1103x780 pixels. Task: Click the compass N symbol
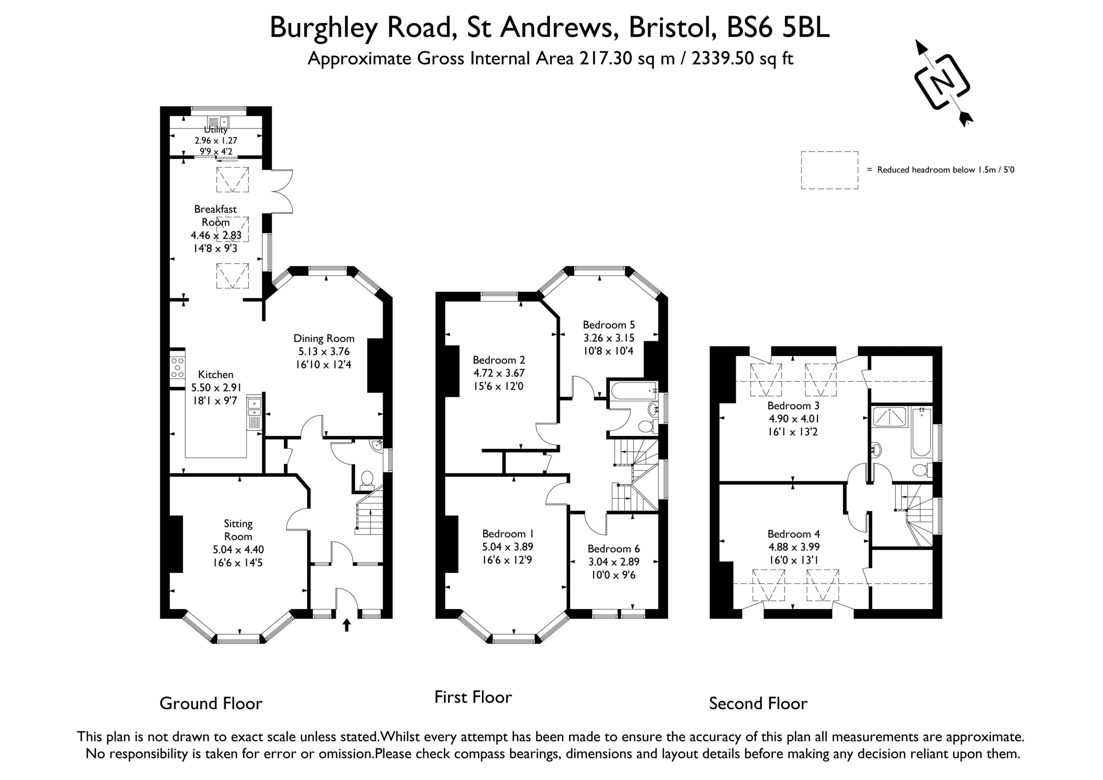[942, 82]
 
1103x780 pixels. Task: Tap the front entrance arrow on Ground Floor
[346, 625]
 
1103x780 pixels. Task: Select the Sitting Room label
[238, 530]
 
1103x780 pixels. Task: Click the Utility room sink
[218, 121]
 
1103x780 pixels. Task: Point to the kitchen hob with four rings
[177, 367]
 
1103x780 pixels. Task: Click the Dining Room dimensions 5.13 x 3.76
[324, 351]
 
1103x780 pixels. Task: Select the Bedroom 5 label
[609, 325]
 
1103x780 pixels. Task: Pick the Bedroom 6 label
[614, 548]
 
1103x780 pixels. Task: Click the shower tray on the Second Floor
[890, 417]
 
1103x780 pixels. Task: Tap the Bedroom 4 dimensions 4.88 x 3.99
[794, 547]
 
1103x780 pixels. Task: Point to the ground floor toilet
[367, 480]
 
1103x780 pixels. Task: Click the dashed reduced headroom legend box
[830, 170]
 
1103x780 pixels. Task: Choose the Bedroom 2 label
[499, 360]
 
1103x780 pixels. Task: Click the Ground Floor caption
[211, 703]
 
